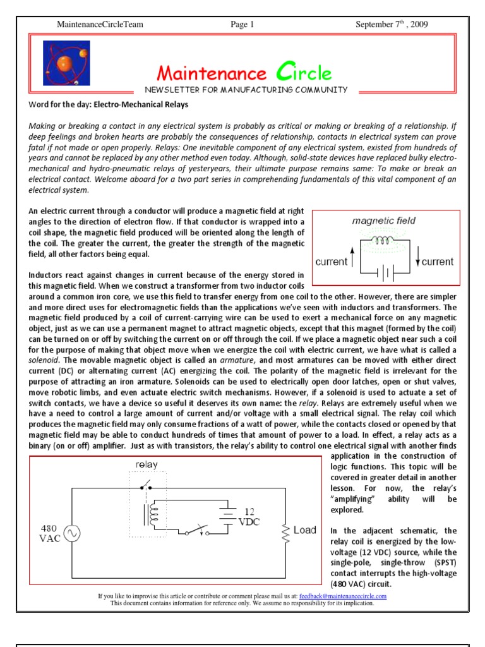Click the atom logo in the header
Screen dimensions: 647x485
(66, 63)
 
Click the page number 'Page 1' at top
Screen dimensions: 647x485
(242, 25)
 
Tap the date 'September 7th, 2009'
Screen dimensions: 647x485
(392, 25)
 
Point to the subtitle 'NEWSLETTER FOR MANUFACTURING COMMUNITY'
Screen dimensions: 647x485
(246, 90)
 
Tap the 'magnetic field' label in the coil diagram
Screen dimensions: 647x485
(383, 221)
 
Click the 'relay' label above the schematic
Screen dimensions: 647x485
(147, 464)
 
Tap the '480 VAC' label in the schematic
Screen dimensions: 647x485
(51, 533)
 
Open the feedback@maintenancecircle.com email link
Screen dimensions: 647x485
(344, 596)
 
